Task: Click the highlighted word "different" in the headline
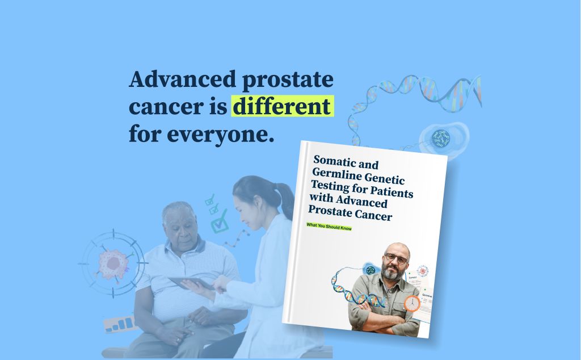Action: point(281,106)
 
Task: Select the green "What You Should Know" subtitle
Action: point(329,227)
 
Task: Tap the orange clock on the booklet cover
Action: point(412,303)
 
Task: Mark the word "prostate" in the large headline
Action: point(288,79)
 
